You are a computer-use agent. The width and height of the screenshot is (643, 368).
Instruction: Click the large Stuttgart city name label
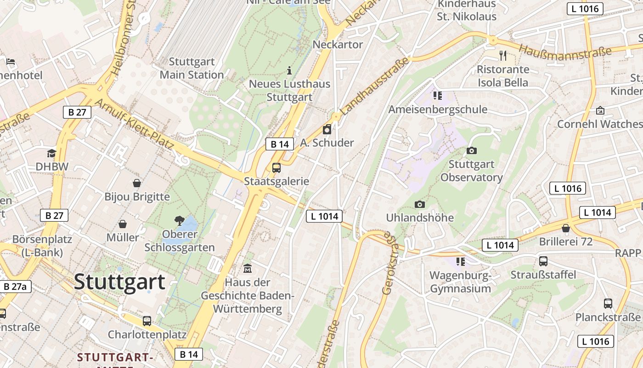119,282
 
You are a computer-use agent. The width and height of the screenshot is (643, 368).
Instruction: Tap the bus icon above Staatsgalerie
276,168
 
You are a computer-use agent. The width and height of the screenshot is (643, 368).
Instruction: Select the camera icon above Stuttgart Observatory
471,150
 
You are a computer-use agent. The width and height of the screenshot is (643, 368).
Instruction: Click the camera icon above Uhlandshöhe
419,204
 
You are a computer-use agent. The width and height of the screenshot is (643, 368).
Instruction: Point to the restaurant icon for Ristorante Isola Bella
503,56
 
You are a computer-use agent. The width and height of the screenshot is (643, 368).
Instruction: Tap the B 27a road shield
15,287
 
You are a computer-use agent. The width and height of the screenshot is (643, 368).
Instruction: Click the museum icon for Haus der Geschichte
248,268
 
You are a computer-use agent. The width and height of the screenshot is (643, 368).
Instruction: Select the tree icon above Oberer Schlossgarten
179,220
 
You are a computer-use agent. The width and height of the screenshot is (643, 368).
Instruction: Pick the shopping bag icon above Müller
123,224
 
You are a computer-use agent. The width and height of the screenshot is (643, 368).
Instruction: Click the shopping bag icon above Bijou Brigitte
137,183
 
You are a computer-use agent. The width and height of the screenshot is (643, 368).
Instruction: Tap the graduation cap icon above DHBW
51,153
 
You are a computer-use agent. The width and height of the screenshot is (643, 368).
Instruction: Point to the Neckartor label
338,45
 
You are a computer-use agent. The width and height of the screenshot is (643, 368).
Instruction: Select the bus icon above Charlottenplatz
147,321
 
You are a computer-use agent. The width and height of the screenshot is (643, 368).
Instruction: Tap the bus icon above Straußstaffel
543,261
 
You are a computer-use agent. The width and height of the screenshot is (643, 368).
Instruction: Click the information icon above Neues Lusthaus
289,70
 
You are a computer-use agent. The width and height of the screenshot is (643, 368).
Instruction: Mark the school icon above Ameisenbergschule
437,96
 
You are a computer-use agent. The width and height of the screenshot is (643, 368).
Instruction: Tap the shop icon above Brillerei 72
566,228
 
